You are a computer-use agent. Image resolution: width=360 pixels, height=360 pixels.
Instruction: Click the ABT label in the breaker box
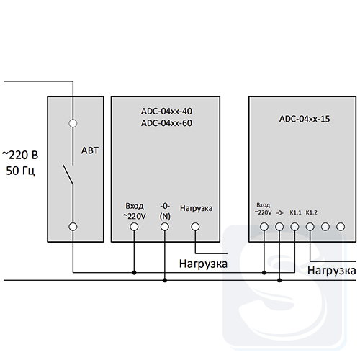90,150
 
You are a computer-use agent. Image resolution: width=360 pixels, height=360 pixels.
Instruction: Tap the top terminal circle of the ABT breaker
73,123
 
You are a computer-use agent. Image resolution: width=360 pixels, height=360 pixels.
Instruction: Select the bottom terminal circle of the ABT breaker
73,227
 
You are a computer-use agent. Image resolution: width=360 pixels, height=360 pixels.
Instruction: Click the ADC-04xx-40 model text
166,112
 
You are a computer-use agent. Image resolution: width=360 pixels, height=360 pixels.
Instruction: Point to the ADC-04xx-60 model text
166,123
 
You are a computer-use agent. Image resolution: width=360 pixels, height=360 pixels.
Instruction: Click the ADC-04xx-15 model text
305,119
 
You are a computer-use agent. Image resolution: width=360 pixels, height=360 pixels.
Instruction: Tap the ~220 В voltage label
20,155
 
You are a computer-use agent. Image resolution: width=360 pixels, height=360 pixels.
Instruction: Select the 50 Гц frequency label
20,171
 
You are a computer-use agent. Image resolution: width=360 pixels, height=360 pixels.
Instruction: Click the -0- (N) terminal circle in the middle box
165,227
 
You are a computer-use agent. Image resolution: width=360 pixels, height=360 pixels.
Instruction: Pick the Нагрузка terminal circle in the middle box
195,227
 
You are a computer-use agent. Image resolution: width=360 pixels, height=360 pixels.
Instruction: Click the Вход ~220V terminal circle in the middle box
134,227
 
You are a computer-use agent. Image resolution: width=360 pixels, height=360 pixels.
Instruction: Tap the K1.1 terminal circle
294,227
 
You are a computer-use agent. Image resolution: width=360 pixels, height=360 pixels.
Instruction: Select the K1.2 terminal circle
310,227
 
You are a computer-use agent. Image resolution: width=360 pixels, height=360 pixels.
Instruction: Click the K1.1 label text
295,212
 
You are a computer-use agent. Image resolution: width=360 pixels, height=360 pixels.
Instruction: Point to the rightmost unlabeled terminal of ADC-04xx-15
341,227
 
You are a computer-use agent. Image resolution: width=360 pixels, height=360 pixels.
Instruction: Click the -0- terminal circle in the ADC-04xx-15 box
279,227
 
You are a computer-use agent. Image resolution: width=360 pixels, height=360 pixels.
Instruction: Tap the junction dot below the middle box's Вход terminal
134,273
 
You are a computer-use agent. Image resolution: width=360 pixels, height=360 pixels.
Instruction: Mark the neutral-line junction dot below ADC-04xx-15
279,280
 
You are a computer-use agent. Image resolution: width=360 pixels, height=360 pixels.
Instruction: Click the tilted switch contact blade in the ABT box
68,175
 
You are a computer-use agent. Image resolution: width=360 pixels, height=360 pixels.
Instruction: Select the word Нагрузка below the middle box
203,264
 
